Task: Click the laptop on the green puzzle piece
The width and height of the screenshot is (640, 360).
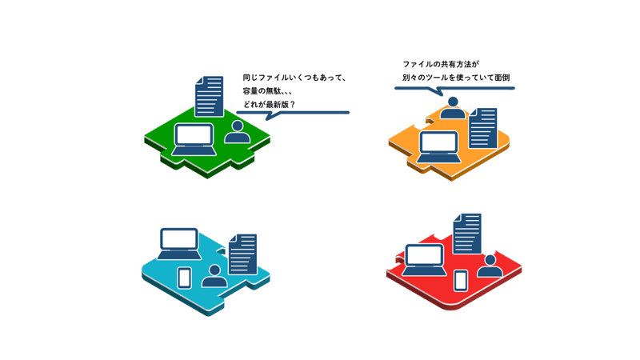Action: pos(194,139)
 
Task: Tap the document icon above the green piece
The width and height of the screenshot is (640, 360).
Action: pos(210,96)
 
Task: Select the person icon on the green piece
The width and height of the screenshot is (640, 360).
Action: pos(237,132)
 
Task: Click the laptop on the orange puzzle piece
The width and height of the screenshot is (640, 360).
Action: pos(438,147)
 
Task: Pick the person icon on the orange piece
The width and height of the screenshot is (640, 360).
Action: pos(452,108)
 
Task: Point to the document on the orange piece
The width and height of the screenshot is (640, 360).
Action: pos(483,128)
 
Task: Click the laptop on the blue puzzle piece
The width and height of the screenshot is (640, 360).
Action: pos(179,244)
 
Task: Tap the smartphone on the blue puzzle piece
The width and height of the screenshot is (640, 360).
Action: pos(185,278)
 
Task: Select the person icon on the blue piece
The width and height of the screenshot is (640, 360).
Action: pos(214,276)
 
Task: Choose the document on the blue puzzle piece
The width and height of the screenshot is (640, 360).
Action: pos(243,254)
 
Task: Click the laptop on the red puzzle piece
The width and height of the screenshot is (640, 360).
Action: pos(424,260)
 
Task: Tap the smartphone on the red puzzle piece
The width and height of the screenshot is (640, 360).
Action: pos(461,281)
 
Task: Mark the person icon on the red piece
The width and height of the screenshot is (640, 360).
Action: pos(490,266)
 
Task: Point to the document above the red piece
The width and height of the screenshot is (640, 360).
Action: pos(467,234)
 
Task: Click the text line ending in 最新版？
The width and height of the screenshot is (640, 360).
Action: pos(269,105)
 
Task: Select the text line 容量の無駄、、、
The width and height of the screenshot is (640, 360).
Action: pos(267,91)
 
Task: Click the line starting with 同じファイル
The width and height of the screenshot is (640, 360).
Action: pos(294,78)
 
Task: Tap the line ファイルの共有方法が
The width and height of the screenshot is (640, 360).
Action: pos(441,64)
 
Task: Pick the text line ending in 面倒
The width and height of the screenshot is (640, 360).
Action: pos(456,77)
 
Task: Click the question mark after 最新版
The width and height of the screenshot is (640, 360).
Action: pos(292,105)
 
